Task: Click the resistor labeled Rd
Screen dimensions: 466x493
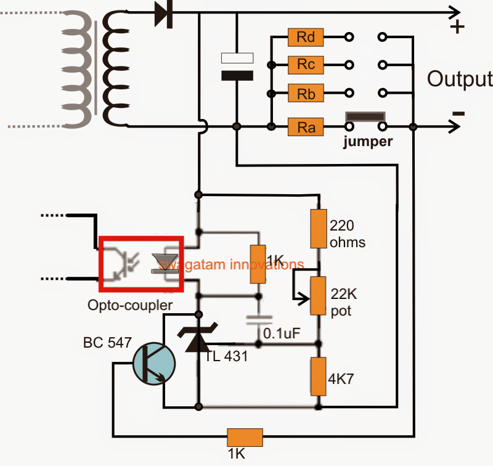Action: pos(306,37)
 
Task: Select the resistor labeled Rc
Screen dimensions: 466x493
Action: pos(306,64)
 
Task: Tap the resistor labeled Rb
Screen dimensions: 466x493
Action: pos(306,94)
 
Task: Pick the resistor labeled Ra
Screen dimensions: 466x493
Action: pos(306,127)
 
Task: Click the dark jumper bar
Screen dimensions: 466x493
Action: pos(365,116)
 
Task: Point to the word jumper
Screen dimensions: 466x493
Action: pos(369,142)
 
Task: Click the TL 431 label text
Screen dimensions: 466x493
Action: pos(226,356)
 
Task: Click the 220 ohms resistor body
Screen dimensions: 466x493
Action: pos(318,227)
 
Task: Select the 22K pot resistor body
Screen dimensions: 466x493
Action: pos(318,295)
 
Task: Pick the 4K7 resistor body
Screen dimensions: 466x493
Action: pos(318,375)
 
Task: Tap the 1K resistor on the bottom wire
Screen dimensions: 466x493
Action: pos(245,438)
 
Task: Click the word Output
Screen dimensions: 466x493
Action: pos(460,80)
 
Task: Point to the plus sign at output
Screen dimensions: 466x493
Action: pos(457,28)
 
